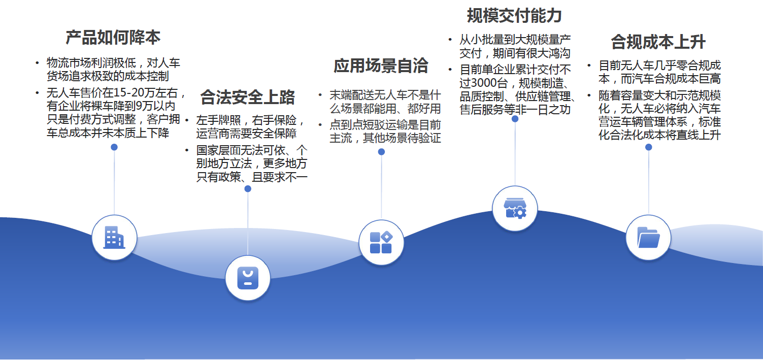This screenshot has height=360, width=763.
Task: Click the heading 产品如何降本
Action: (x=113, y=37)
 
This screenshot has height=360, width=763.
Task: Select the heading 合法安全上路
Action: (x=247, y=97)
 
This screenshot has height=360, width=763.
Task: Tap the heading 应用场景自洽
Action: (x=381, y=66)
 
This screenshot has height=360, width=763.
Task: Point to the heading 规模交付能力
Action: (x=514, y=16)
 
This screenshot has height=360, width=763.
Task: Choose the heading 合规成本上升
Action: (x=658, y=42)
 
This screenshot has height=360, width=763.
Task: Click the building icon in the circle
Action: (x=114, y=238)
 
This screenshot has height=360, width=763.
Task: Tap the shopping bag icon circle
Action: (x=248, y=278)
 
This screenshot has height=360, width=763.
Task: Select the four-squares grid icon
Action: (x=381, y=243)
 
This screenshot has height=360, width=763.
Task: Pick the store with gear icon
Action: (x=515, y=209)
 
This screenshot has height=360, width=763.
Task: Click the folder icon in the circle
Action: (x=649, y=238)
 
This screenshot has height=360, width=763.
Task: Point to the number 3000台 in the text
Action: (x=491, y=83)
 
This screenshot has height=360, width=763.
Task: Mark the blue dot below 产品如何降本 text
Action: (x=114, y=147)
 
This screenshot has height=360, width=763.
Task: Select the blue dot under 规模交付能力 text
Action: (x=515, y=119)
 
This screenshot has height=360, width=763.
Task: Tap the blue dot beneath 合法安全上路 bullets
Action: (x=248, y=189)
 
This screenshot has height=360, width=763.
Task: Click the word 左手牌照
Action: (x=218, y=120)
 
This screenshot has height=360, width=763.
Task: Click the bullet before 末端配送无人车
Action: (x=320, y=95)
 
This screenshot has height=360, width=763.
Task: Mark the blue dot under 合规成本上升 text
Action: (x=649, y=147)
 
